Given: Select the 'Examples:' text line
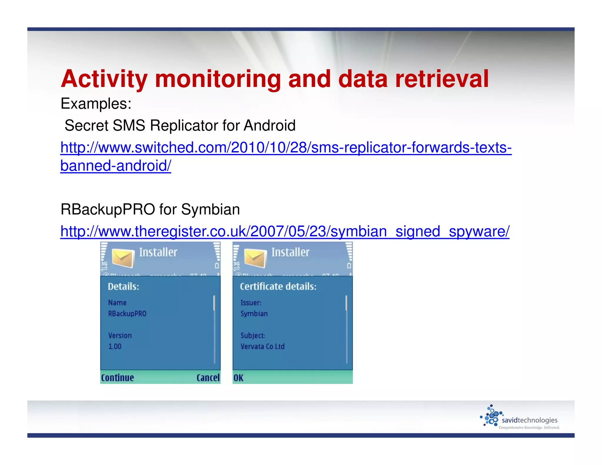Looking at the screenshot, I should (96, 103).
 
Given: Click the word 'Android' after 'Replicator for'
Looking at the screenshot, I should (269, 126).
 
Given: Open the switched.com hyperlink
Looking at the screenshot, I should (286, 148).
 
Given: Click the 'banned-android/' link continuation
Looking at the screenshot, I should (116, 166).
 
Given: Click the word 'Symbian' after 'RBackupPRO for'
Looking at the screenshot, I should (210, 210).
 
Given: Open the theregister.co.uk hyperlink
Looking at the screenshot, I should (285, 231).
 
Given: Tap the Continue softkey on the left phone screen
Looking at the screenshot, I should (117, 378).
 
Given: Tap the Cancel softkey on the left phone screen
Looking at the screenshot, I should (208, 378).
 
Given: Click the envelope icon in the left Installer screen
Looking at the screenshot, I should (123, 257).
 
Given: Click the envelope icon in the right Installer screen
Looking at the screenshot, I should (255, 257).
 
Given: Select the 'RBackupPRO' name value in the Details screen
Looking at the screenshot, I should (127, 314).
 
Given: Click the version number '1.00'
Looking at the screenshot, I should (115, 347).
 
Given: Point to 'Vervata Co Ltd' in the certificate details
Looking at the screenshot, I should (262, 347).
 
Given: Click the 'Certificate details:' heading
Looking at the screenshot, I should (278, 287).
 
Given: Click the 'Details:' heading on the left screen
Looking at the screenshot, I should (123, 287).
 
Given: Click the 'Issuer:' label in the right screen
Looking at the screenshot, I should (251, 303).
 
